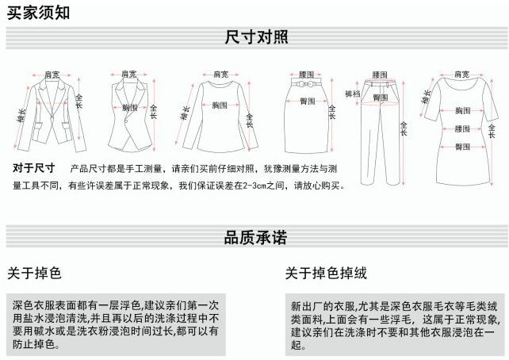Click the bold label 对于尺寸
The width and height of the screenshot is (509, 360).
pyautogui.click(x=33, y=168)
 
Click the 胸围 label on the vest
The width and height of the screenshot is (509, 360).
pyautogui.click(x=130, y=107)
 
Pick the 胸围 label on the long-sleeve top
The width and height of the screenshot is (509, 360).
pyautogui.click(x=220, y=104)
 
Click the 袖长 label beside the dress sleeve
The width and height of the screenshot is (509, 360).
pyautogui.click(x=426, y=99)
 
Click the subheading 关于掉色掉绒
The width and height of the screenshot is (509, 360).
pyautogui.click(x=326, y=274)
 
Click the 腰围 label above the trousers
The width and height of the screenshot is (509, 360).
pyautogui.click(x=380, y=74)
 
